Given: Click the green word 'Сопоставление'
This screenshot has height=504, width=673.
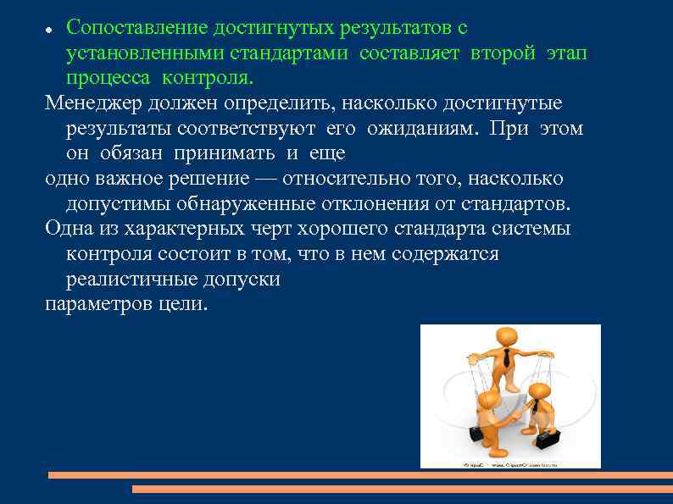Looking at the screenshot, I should click(136, 27).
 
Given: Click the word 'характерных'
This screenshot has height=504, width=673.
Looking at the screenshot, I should click(175, 229).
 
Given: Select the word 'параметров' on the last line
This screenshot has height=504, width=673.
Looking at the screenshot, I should click(92, 303).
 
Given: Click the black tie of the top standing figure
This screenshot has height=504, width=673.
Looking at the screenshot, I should click(506, 359).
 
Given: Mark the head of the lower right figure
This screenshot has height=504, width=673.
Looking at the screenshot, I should click(539, 395).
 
